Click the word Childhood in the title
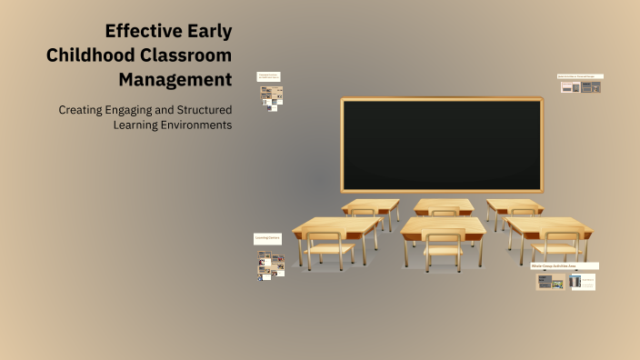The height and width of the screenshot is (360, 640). pyautogui.click(x=89, y=55)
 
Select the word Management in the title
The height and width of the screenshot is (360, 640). pyautogui.click(x=175, y=79)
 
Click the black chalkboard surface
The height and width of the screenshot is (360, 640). pyautogui.click(x=441, y=144)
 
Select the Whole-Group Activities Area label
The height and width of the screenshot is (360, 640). pyautogui.click(x=564, y=265)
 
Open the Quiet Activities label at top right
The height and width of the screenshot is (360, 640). pyautogui.click(x=579, y=76)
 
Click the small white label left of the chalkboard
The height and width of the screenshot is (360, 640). pyautogui.click(x=268, y=76)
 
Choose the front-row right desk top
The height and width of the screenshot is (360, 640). pyautogui.click(x=548, y=225)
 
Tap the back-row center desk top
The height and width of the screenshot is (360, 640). pyautogui.click(x=444, y=205)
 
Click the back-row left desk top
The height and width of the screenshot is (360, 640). pyautogui.click(x=371, y=205)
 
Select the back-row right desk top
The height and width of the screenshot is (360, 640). pyautogui.click(x=515, y=205)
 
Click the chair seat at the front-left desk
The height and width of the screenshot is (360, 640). pyautogui.click(x=328, y=247)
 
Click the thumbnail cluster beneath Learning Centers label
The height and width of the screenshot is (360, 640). pyautogui.click(x=270, y=265)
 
